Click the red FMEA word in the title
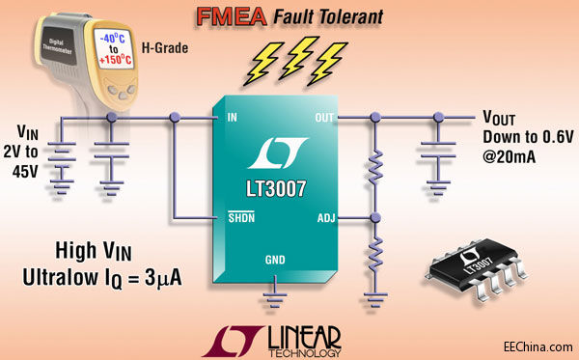click(228, 16)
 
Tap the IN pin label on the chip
click(231, 118)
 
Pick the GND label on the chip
click(276, 261)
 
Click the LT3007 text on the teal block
click(276, 182)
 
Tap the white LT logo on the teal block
click(276, 152)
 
